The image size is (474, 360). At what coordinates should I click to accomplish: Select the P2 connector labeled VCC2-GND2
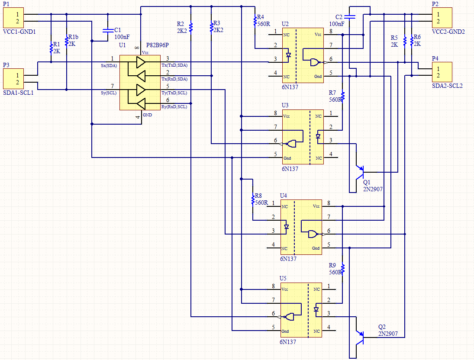tap(442, 17)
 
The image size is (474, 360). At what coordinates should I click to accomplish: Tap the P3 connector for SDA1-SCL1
tap(13, 78)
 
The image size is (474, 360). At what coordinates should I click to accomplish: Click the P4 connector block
tap(442, 72)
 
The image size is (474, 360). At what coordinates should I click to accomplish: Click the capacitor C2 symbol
tap(351, 17)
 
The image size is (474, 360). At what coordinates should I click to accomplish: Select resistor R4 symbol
tap(255, 20)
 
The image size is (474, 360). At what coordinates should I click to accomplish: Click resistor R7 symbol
tap(342, 96)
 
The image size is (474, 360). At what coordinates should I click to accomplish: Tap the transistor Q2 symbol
tap(359, 337)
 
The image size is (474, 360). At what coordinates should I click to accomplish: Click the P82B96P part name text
tap(158, 45)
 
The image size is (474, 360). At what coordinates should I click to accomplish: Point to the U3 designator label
tap(285, 105)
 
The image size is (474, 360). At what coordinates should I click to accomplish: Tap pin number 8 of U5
tap(273, 286)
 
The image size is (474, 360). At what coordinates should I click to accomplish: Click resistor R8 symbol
tap(252, 200)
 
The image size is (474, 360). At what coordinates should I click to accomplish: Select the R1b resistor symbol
tap(66, 41)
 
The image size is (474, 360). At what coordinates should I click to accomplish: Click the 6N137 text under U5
tap(288, 342)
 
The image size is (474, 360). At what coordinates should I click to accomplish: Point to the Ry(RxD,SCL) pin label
tap(174, 106)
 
